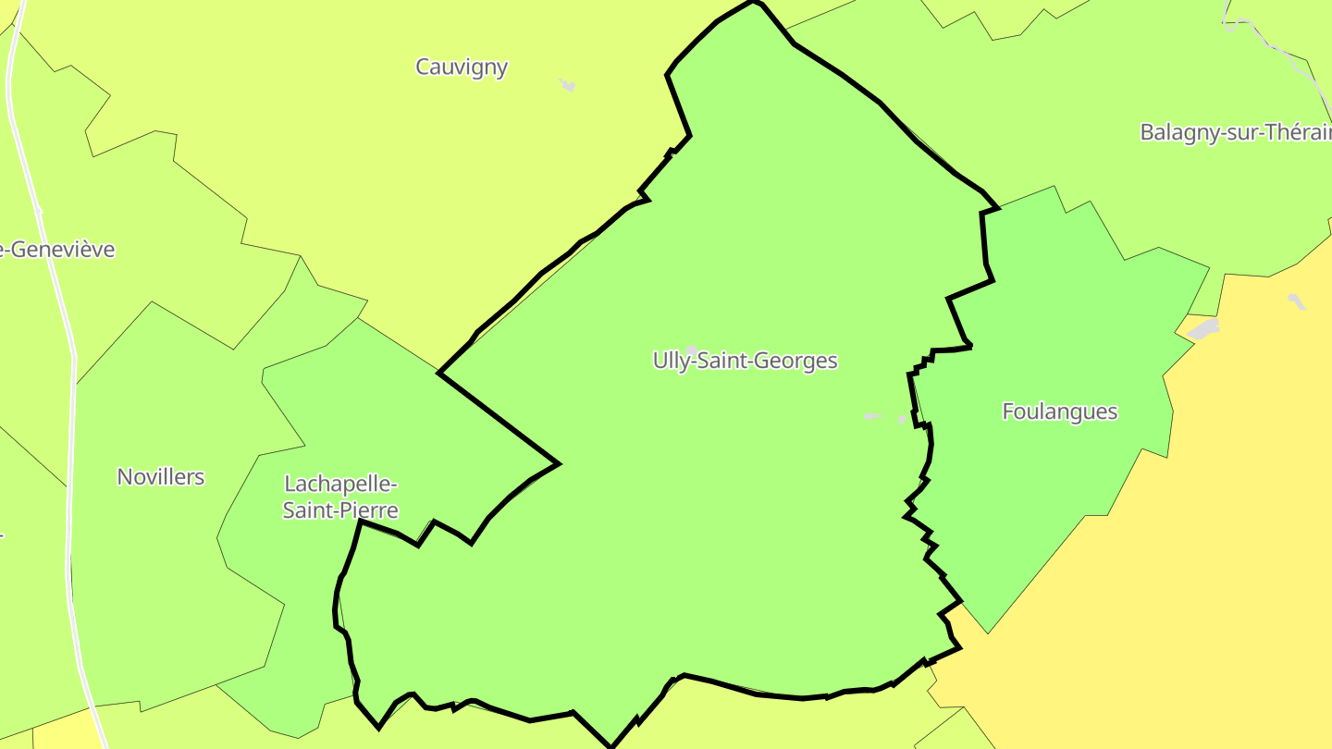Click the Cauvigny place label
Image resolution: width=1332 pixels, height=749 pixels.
click(x=462, y=68)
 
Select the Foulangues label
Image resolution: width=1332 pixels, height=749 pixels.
click(x=1059, y=411)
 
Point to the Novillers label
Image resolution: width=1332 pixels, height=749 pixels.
click(x=160, y=477)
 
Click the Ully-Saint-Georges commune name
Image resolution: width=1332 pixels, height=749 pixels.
click(x=745, y=361)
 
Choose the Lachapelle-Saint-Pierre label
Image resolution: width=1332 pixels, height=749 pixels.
click(x=340, y=497)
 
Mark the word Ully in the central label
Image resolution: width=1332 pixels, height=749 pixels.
click(x=671, y=361)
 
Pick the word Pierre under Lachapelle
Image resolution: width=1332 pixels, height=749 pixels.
click(x=367, y=510)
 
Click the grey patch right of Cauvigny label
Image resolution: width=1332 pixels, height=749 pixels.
click(x=567, y=85)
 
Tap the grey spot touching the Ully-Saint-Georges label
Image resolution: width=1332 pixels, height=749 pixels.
click(x=690, y=350)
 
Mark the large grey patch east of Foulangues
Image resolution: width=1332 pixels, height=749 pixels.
click(x=1203, y=328)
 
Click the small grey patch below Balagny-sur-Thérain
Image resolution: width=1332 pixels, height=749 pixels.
click(x=1297, y=301)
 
